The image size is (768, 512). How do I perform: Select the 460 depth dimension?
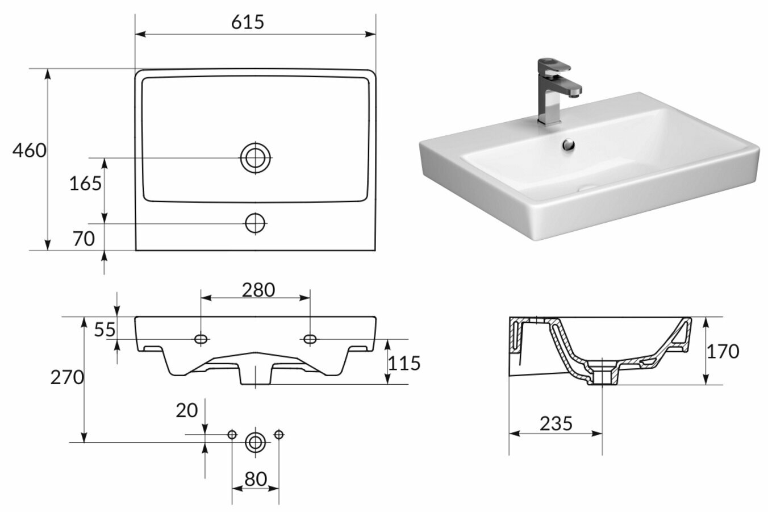(29, 151)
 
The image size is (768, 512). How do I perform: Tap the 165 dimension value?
(85, 184)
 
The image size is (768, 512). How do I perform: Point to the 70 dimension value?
(84, 239)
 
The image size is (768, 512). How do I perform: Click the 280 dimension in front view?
(258, 290)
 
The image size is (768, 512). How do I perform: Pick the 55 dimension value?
(105, 330)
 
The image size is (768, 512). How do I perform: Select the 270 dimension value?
(67, 377)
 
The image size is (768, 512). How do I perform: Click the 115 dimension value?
(404, 363)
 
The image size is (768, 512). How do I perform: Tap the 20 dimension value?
(186, 410)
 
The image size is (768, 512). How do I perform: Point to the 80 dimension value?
(256, 479)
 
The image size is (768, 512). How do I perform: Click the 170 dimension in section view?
(723, 351)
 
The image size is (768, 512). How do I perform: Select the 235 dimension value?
(556, 423)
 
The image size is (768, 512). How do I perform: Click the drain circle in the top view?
(256, 157)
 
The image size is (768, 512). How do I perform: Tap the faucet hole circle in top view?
(256, 223)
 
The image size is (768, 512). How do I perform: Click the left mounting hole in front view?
(201, 339)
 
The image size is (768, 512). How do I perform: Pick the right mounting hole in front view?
(310, 339)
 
